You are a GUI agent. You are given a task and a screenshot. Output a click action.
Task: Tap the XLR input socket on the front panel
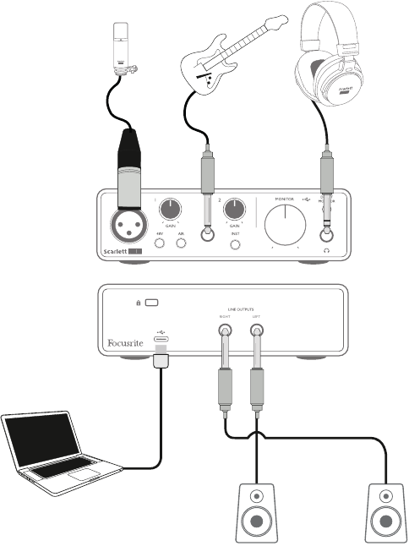click(129, 225)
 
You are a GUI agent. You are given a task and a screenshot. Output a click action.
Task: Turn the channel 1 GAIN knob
click(172, 210)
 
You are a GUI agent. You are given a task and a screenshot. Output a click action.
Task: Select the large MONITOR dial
click(286, 227)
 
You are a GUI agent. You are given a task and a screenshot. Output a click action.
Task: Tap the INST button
click(237, 245)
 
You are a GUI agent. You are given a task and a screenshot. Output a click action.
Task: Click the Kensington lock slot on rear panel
click(151, 301)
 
